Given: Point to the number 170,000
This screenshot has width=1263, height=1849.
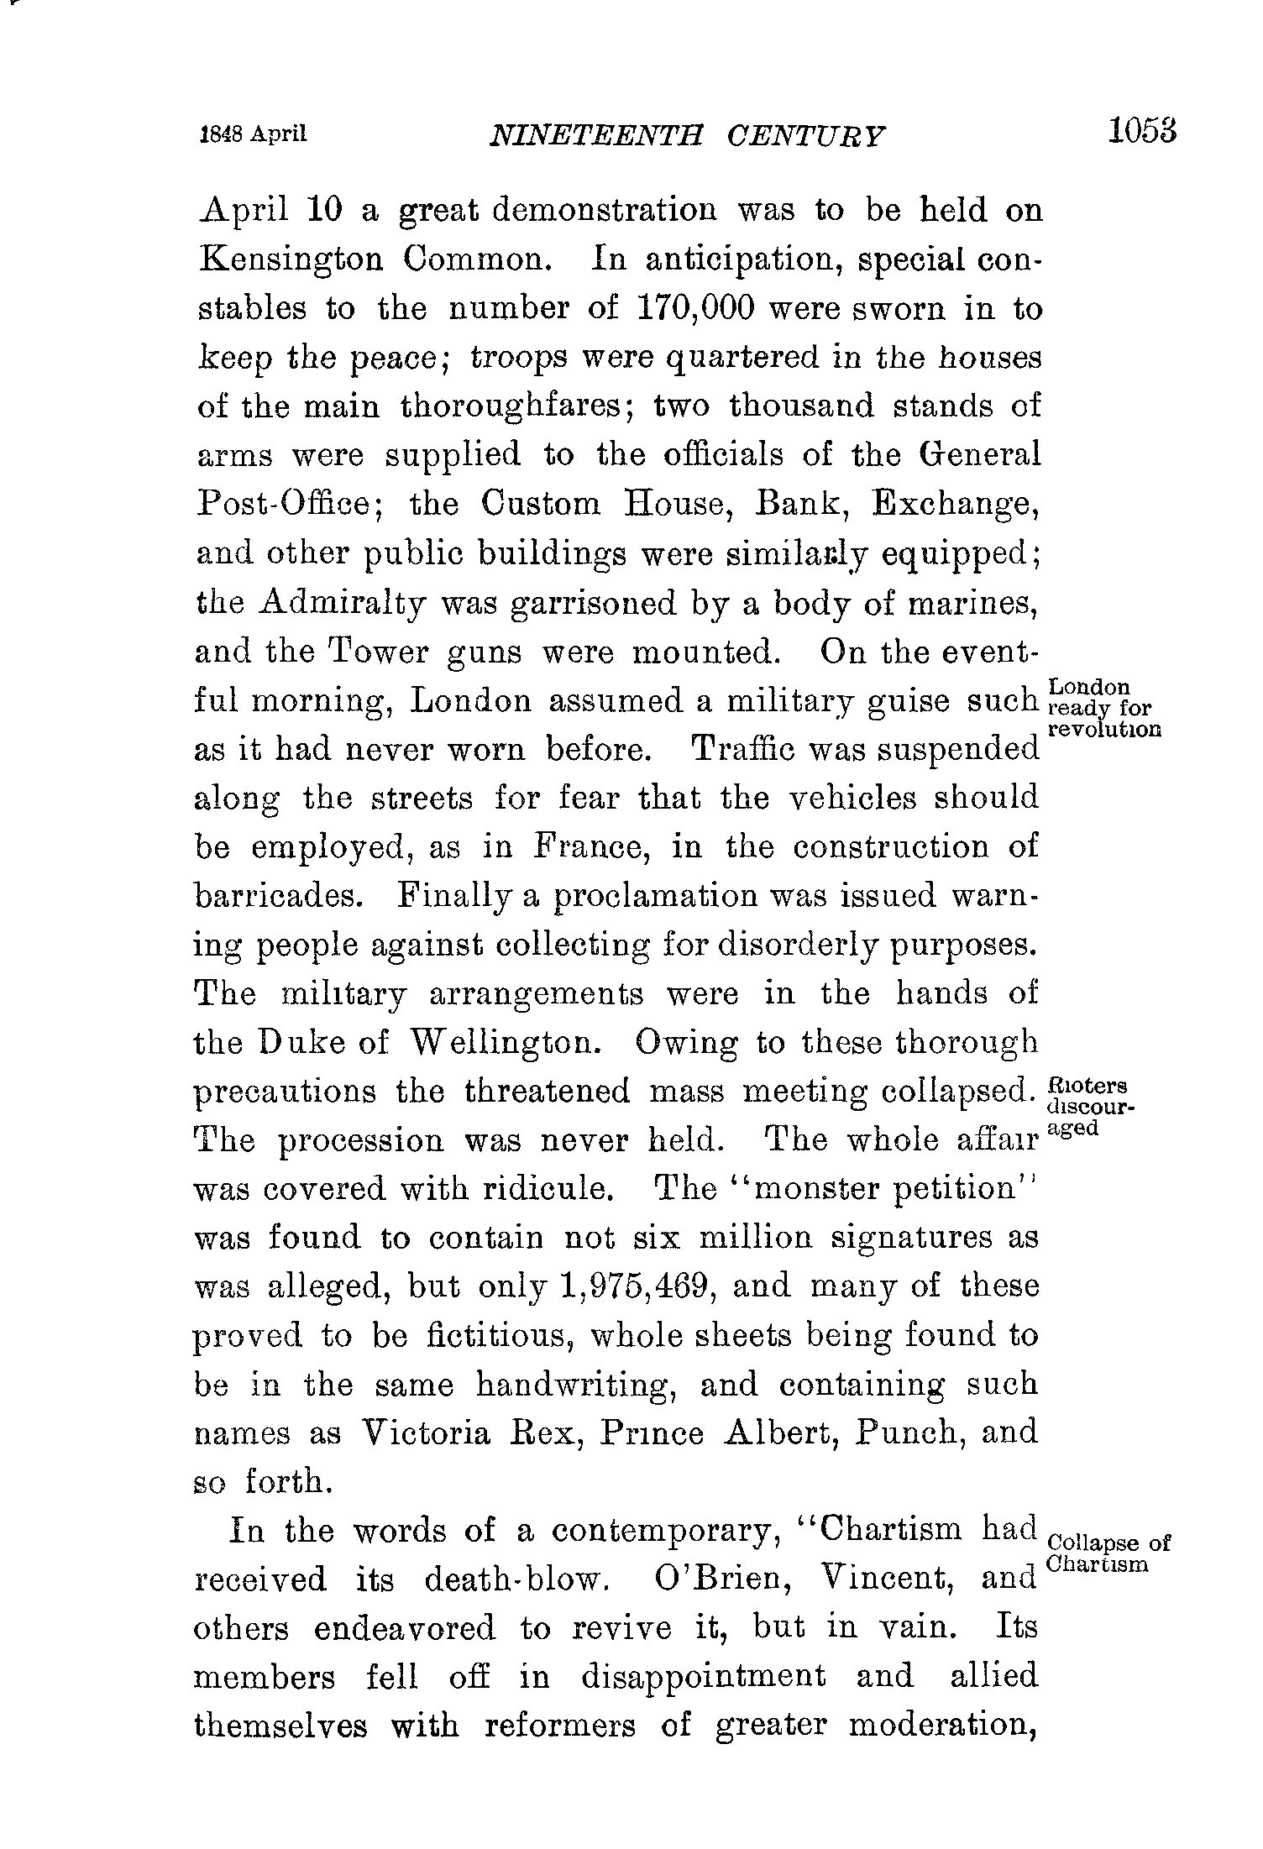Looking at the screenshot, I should pyautogui.click(x=694, y=308).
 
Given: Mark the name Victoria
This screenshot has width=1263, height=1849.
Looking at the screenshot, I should pyautogui.click(x=425, y=1433).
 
